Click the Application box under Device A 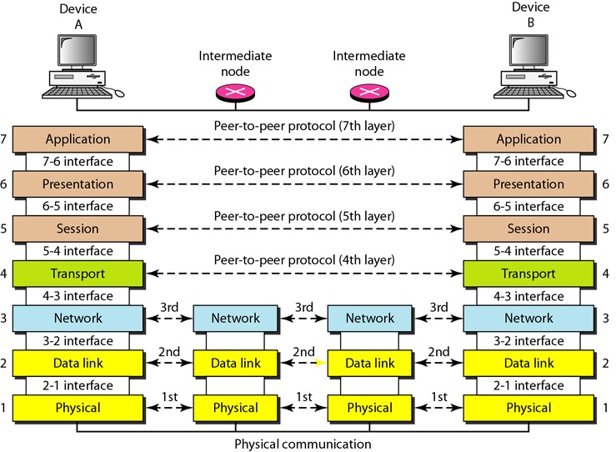[78, 139]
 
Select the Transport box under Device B [528, 274]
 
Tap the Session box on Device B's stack [528, 229]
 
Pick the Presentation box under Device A [78, 184]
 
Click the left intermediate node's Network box [235, 318]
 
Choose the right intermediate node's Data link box [369, 363]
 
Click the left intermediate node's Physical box [235, 408]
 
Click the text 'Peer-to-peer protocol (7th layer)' [303, 125]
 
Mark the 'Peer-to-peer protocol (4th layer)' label [303, 259]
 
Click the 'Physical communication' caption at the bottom [303, 444]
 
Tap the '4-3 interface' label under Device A [78, 295]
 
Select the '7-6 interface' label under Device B [528, 161]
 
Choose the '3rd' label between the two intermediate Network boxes [303, 306]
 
